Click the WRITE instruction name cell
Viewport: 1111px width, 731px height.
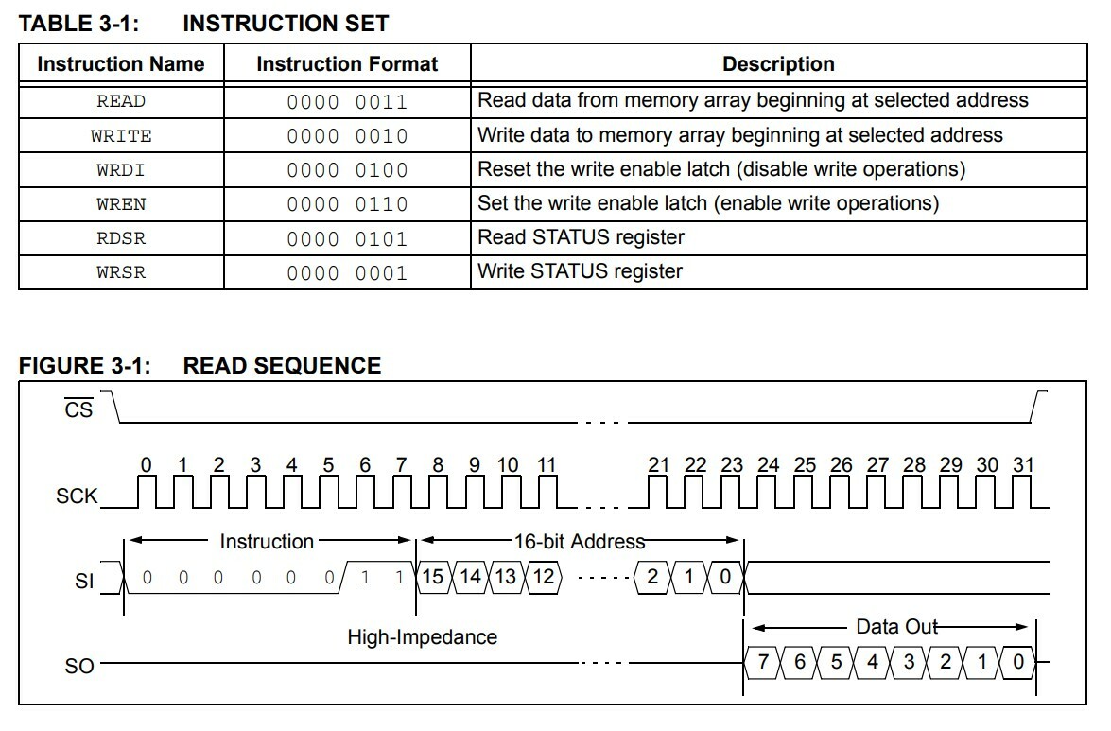pyautogui.click(x=121, y=135)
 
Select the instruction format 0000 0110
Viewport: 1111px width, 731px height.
pyautogui.click(x=347, y=204)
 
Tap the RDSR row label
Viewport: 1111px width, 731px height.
pyautogui.click(x=121, y=238)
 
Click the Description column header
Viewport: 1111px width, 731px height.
pyautogui.click(x=778, y=64)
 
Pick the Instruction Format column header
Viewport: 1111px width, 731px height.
pyautogui.click(x=347, y=64)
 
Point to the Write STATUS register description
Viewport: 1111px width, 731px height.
pyautogui.click(x=580, y=271)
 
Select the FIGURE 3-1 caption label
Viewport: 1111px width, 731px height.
pyautogui.click(x=85, y=366)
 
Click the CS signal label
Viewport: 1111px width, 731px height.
pyautogui.click(x=78, y=410)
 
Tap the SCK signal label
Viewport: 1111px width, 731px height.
pyautogui.click(x=77, y=496)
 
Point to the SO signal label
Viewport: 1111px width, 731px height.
pyautogui.click(x=79, y=666)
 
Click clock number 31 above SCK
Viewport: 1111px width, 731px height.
pyautogui.click(x=1023, y=464)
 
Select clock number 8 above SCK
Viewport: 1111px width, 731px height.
pyautogui.click(x=438, y=464)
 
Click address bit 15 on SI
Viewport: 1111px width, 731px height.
pyautogui.click(x=432, y=577)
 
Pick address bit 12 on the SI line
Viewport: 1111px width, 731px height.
pyautogui.click(x=543, y=577)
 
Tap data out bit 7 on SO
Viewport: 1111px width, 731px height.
pyautogui.click(x=763, y=662)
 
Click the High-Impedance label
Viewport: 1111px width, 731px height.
pyautogui.click(x=422, y=636)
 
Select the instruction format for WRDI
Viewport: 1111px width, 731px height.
pyautogui.click(x=347, y=170)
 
